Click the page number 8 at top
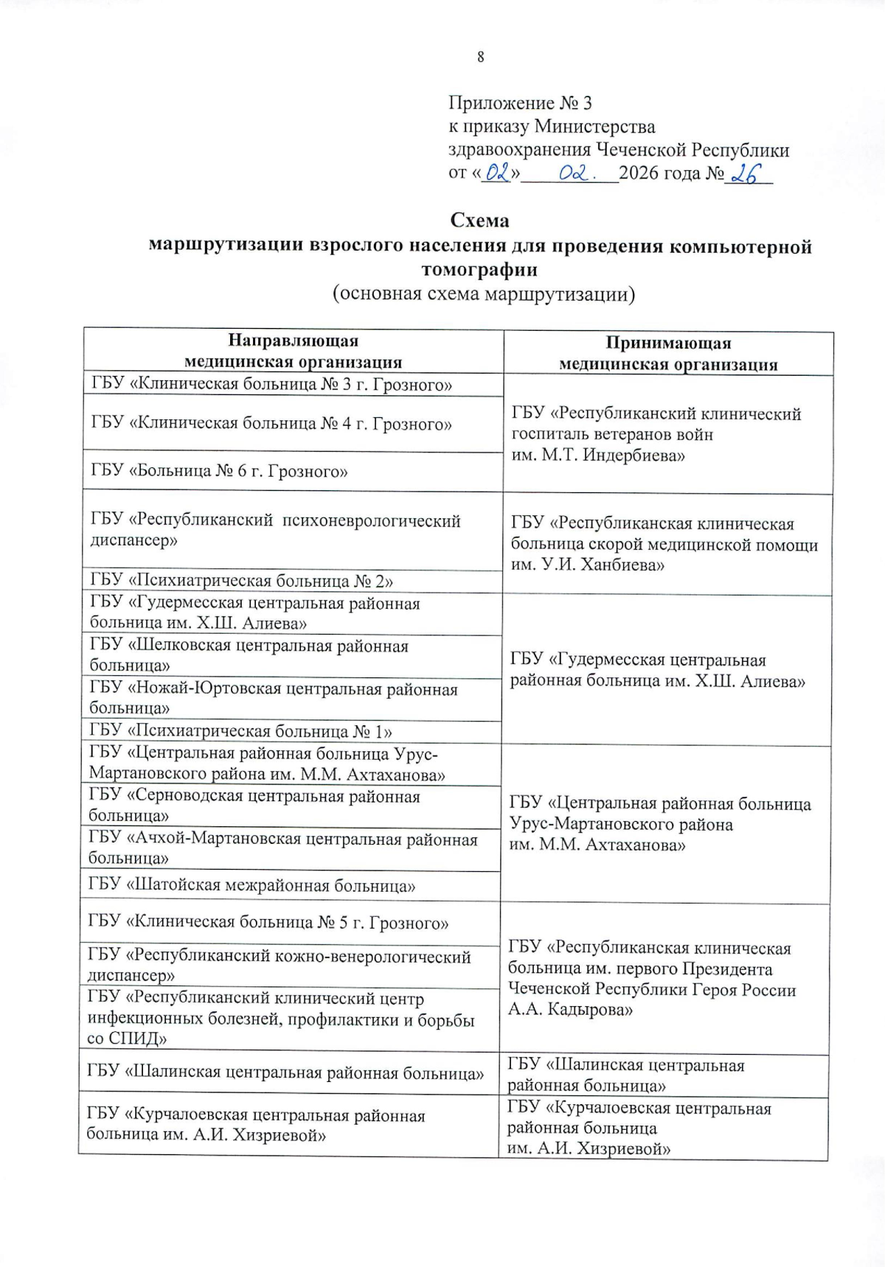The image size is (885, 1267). (480, 57)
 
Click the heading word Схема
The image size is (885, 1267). (479, 220)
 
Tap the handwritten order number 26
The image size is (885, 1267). (745, 174)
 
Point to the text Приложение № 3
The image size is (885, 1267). (520, 103)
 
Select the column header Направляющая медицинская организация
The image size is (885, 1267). (293, 351)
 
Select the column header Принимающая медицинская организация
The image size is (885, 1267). (667, 353)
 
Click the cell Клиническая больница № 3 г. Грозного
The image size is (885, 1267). (271, 384)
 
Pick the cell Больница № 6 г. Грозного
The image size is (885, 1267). (219, 471)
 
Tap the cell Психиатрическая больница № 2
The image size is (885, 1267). (241, 581)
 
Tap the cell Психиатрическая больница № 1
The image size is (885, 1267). (240, 731)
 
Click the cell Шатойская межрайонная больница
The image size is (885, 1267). (251, 885)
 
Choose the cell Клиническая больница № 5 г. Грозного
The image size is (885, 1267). (268, 923)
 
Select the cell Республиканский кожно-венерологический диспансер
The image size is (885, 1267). (279, 966)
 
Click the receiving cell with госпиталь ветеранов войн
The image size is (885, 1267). (656, 434)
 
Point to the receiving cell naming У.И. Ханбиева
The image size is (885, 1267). (664, 544)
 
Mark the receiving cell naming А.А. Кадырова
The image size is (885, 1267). (651, 978)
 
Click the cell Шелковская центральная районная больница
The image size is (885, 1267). (249, 655)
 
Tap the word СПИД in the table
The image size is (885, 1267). (134, 1039)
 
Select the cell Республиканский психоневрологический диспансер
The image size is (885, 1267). (275, 530)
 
